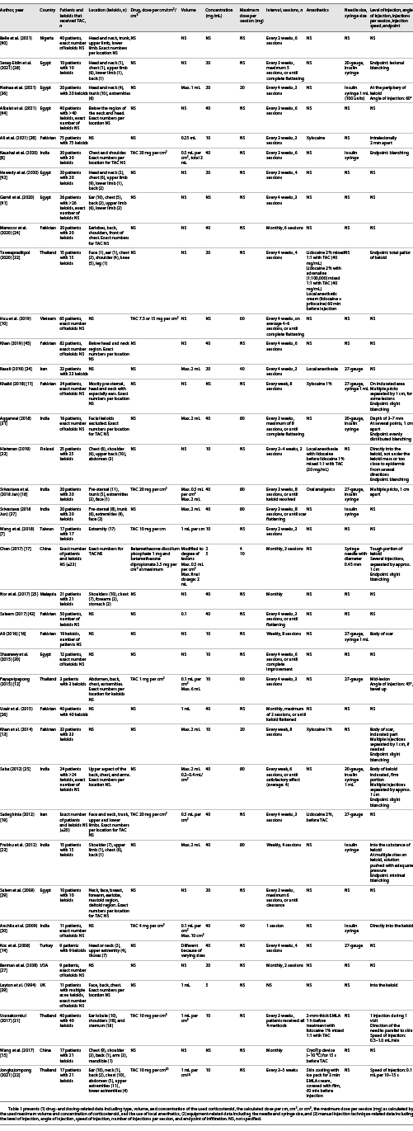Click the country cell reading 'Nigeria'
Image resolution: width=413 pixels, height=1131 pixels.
(46, 29)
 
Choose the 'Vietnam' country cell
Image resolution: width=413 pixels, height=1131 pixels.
(47, 316)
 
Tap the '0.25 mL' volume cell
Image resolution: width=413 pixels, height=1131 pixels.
(189, 138)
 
